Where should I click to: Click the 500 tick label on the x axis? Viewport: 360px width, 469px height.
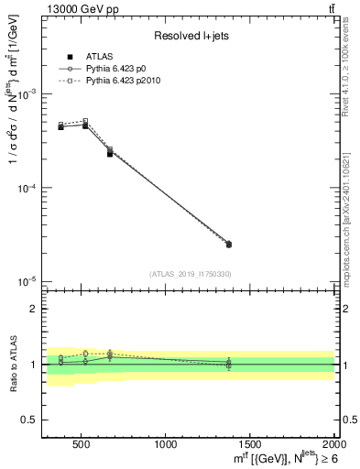tap(81, 445)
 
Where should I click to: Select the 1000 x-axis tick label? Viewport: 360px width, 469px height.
tap(166, 445)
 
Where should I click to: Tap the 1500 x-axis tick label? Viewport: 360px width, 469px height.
tap(250, 445)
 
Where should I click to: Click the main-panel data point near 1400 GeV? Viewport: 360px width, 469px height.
tap(229, 245)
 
